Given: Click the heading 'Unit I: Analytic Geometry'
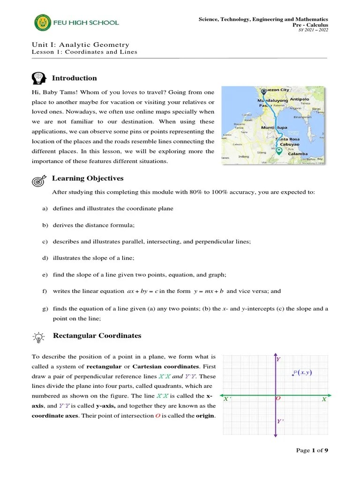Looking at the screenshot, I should pyautogui.click(x=80, y=45).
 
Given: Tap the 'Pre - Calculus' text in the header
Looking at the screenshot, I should pyautogui.click(x=311, y=25).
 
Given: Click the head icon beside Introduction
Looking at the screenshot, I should pyautogui.click(x=39, y=78).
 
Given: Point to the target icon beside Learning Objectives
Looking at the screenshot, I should pyautogui.click(x=39, y=180).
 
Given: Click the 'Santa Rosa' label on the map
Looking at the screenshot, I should pyautogui.click(x=288, y=139).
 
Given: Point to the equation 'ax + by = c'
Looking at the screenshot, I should pyautogui.click(x=142, y=291).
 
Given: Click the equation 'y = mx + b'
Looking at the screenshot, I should pyautogui.click(x=209, y=291).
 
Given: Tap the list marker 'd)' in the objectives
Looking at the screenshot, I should pyautogui.click(x=45, y=258).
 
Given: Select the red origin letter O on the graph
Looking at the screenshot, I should pyautogui.click(x=278, y=398).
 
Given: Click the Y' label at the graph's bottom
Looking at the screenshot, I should pyautogui.click(x=280, y=421).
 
